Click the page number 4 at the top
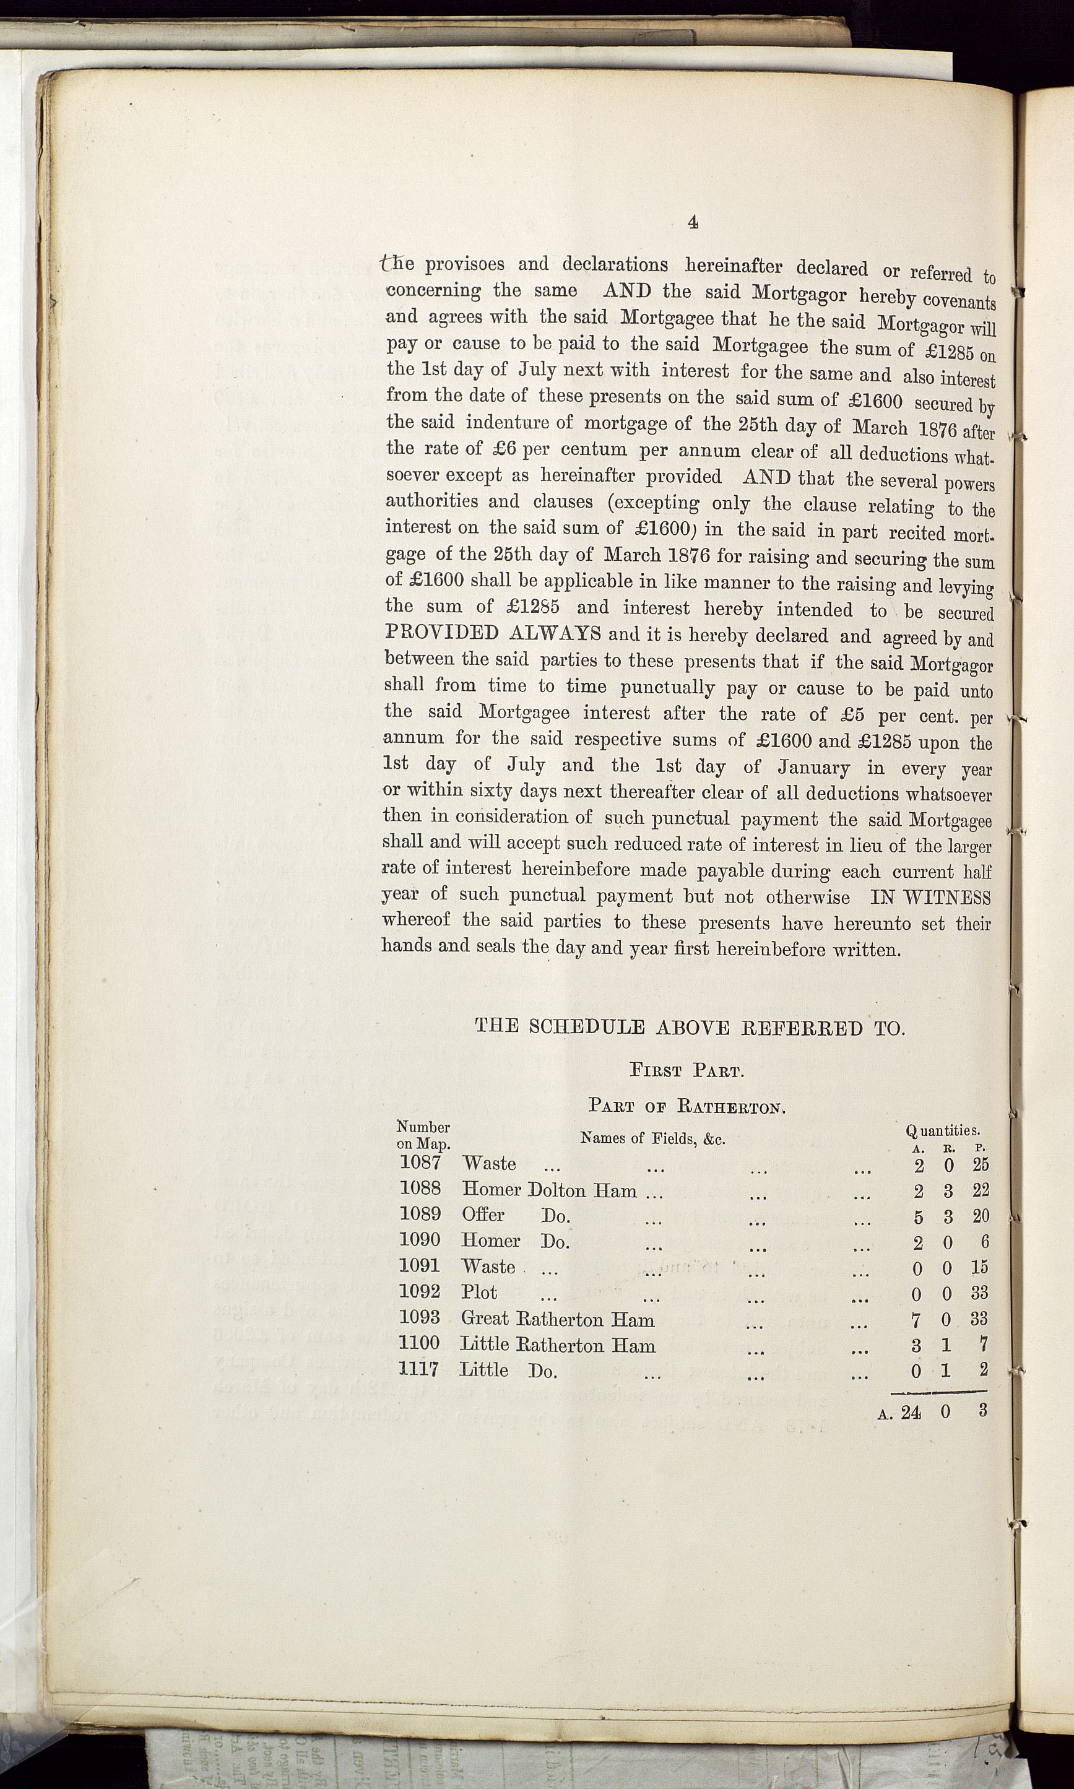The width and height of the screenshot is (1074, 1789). (x=693, y=222)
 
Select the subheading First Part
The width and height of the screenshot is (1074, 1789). (x=687, y=1070)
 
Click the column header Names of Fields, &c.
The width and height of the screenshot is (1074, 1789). (x=653, y=1138)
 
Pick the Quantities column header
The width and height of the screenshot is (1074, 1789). (x=942, y=1130)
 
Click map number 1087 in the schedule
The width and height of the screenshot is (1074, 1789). (x=420, y=1163)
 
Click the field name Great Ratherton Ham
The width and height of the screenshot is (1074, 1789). (x=557, y=1319)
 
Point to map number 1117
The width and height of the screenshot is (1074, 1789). (x=419, y=1369)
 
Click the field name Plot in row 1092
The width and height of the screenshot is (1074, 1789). (x=479, y=1292)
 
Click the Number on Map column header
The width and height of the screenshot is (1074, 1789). (x=423, y=1135)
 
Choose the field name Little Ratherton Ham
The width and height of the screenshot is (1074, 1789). (x=557, y=1345)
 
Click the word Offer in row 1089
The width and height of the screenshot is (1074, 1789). (x=483, y=1215)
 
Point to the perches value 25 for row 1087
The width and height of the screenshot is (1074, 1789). (x=980, y=1164)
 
